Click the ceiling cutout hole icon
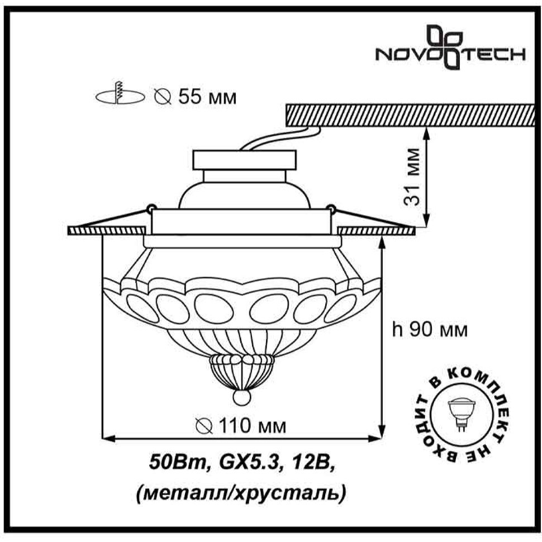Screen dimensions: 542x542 [x=120, y=94]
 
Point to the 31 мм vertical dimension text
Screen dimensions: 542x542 [x=412, y=177]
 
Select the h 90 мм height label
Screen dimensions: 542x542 [x=430, y=330]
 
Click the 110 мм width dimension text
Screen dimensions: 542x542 [x=241, y=426]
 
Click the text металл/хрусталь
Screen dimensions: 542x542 [x=241, y=493]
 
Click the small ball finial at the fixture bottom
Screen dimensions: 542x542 [x=241, y=397]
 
